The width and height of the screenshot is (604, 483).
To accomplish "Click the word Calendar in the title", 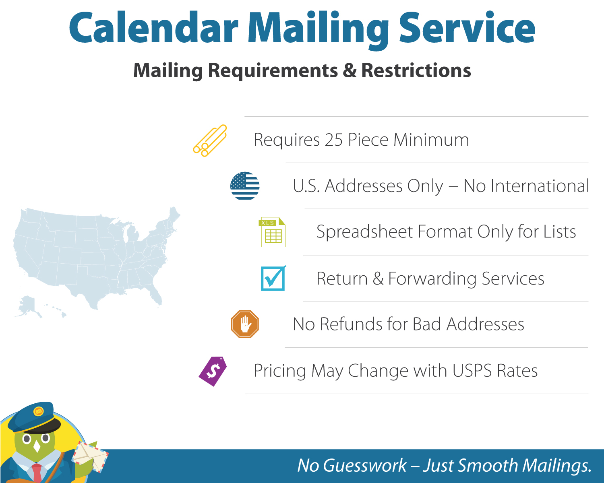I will click(x=153, y=28).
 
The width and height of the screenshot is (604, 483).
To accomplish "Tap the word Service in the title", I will click(x=467, y=28).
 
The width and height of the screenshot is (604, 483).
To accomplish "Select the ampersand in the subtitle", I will click(x=350, y=70).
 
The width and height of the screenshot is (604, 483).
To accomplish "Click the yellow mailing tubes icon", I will click(x=210, y=140).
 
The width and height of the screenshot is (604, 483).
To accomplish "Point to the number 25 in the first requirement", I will click(x=334, y=140).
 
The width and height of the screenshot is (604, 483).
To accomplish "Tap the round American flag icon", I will click(x=245, y=186).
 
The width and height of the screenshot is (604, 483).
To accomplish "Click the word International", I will click(x=526, y=186).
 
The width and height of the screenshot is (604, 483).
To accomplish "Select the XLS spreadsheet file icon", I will click(x=273, y=232).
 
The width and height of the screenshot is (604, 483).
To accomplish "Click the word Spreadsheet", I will click(x=365, y=232).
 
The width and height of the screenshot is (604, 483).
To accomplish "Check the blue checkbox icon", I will click(x=273, y=279).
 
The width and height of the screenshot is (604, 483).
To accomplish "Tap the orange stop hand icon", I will click(x=245, y=324).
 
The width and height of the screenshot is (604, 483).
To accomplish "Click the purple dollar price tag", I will click(x=213, y=371).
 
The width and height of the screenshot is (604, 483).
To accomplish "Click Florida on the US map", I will click(x=156, y=296).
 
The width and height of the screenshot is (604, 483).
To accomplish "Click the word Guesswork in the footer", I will click(x=365, y=466).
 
